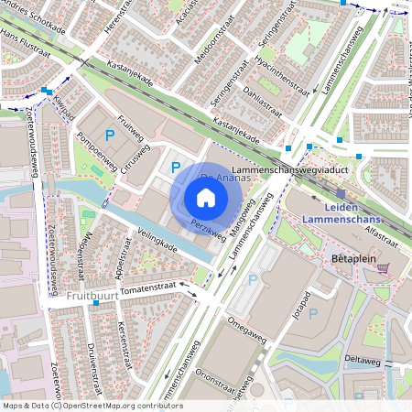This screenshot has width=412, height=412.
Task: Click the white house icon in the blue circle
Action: pos(206,197)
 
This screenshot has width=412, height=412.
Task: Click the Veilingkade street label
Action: pos(155,247)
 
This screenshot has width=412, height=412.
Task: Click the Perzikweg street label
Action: pos(209,229)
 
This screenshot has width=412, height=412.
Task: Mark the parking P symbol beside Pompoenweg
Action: pos(110,136)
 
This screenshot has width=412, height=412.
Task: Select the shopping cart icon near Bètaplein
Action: pos(383,267)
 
